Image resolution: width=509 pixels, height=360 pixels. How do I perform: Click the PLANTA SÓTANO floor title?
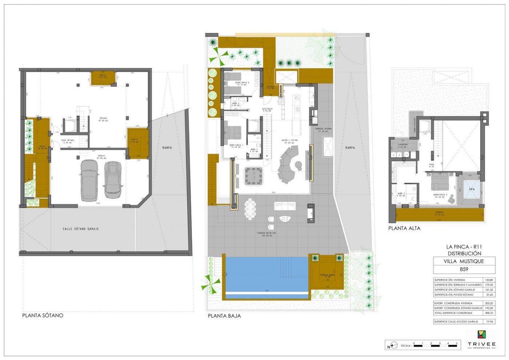coord(43,315)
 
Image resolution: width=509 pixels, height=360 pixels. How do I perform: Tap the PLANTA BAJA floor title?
coord(224,316)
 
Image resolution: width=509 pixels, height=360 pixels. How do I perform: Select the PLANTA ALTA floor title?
coord(404,228)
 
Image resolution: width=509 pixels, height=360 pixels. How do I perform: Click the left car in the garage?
coord(89,180)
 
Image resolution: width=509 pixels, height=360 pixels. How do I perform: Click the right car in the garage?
coord(113,179)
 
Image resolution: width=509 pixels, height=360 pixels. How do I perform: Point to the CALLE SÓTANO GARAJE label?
coord(81,229)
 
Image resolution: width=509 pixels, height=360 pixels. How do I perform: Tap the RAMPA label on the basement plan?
coord(167,148)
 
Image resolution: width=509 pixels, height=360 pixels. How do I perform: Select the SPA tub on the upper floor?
coord(472,189)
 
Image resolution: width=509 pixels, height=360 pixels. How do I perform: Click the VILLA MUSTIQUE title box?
coord(464,261)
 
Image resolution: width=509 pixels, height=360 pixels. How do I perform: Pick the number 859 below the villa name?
coord(464,270)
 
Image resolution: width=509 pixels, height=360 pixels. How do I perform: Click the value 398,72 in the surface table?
coord(489,313)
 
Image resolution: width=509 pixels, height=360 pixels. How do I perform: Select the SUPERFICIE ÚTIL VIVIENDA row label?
coord(449,280)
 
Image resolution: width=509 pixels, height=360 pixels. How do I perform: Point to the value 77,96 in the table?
coord(489,322)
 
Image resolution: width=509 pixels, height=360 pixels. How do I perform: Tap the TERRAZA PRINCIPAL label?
coord(266,233)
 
